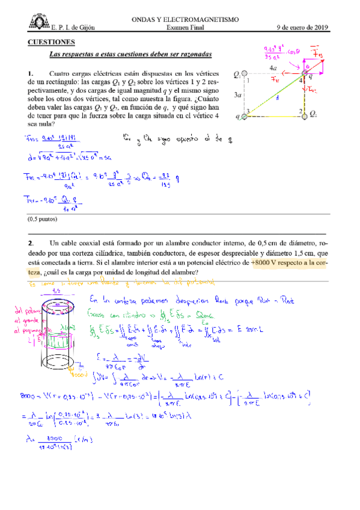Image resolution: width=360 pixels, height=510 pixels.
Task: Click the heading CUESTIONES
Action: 52,42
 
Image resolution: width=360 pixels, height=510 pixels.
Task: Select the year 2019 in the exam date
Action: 319,28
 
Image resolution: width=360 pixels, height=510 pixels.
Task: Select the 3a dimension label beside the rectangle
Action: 237,94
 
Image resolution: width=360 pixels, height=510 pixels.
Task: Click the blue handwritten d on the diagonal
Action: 277,98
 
